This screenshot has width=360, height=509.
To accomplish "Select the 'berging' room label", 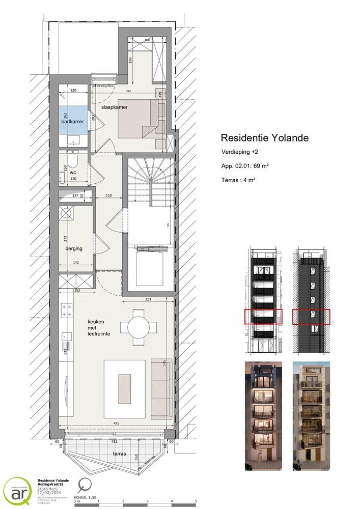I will click(x=74, y=249).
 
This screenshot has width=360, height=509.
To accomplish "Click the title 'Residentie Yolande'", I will click(x=264, y=138).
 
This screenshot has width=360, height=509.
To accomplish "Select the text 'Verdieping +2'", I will click(x=239, y=152).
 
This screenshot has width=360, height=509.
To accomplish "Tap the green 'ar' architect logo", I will click(x=17, y=492).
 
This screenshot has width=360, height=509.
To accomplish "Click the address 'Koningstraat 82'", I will click(x=53, y=484).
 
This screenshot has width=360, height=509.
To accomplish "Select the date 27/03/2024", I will click(x=48, y=492).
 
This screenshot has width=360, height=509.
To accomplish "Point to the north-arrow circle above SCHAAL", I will click(x=85, y=485).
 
